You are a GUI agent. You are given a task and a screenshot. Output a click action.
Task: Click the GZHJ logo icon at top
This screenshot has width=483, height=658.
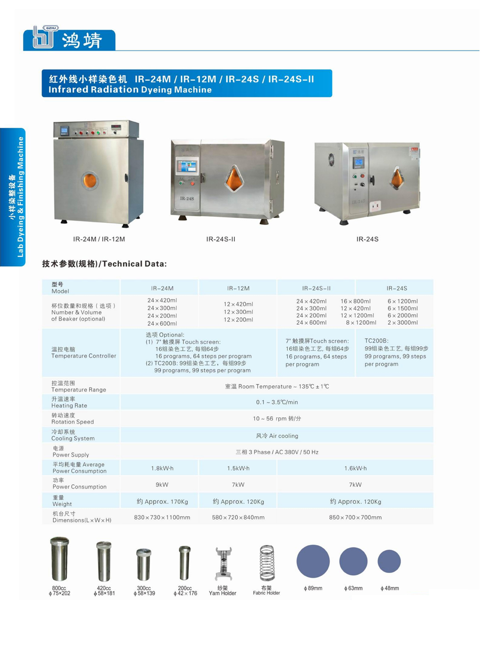(45, 37)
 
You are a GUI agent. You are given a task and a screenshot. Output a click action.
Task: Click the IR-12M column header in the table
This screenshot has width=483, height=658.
(238, 288)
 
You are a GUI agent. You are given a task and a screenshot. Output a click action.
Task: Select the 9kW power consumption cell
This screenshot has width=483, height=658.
(162, 485)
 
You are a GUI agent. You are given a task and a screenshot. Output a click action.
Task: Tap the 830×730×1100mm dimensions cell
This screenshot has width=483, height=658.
(162, 517)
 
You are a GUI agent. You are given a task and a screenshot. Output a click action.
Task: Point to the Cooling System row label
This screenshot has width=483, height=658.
(73, 435)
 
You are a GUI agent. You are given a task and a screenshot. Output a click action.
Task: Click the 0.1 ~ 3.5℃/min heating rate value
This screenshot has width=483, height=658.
(277, 402)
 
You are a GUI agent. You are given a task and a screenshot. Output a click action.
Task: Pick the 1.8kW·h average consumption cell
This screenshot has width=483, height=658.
(162, 468)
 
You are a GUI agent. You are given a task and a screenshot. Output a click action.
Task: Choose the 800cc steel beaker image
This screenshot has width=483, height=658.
(59, 559)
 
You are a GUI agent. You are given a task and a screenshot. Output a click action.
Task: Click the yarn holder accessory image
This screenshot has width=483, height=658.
(223, 564)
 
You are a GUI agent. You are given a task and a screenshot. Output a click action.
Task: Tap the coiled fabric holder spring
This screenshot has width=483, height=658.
(267, 563)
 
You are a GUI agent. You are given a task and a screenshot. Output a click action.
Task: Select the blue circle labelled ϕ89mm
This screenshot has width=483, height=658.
(313, 561)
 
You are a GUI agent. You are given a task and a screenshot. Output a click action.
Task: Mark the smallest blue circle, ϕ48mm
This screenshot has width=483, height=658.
(389, 561)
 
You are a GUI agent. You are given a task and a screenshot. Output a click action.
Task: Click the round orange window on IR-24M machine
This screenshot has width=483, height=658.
(90, 180)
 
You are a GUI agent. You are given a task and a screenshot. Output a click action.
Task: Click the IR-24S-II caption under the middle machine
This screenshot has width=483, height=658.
(221, 239)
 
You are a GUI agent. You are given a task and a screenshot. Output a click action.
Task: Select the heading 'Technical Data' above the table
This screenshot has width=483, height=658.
(134, 264)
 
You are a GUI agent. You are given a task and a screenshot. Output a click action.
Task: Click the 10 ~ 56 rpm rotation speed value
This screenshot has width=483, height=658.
(277, 419)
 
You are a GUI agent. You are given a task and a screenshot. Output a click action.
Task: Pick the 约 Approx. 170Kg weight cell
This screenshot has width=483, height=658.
(162, 501)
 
